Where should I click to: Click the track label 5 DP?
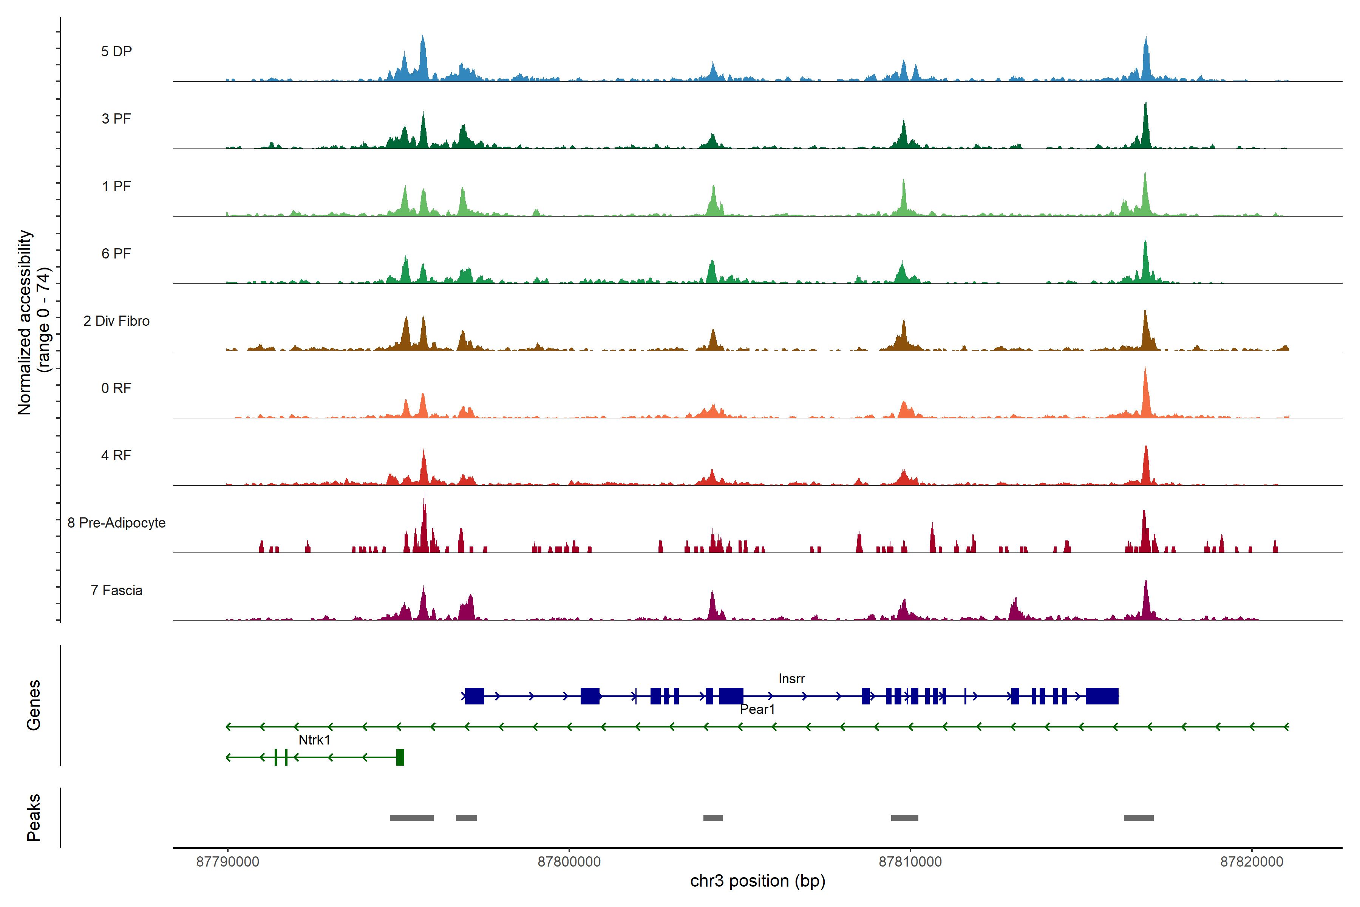(116, 51)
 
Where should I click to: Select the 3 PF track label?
(116, 119)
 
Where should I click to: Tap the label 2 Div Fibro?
(116, 321)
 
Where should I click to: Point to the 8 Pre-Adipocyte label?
(116, 523)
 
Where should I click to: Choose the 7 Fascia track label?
(116, 591)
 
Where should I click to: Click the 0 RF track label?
(116, 388)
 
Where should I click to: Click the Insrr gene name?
(791, 678)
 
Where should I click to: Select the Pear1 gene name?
(757, 709)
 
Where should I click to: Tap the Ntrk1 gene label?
(314, 740)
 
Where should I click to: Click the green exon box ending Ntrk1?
(400, 757)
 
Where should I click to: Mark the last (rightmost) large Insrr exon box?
(1102, 696)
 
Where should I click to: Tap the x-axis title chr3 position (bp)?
(757, 881)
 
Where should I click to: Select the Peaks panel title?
(34, 817)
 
